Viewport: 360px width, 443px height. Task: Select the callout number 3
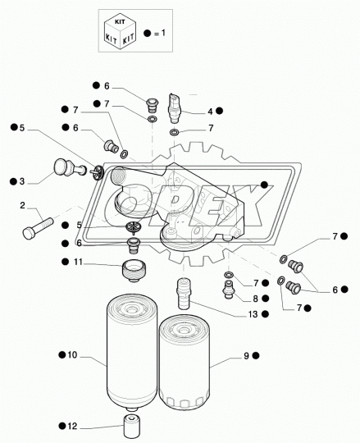[22, 181]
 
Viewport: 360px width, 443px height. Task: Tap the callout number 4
[209, 111]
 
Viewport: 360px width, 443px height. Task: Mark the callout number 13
[253, 313]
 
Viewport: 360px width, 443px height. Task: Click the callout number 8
[255, 299]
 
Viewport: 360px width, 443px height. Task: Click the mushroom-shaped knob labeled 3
[61, 168]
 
